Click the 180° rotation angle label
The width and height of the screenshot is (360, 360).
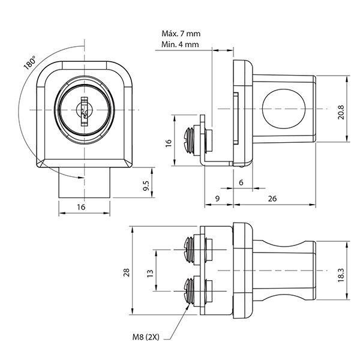tap(30, 62)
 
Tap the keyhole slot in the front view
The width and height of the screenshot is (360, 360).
tap(84, 112)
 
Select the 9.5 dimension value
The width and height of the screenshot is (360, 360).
tap(146, 186)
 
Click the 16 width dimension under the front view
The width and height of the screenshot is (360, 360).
tap(81, 207)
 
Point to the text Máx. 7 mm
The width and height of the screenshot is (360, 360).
tap(181, 34)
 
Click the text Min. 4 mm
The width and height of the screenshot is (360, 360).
tap(180, 44)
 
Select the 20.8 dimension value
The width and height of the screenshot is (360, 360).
tap(341, 112)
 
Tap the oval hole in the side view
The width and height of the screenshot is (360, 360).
tap(284, 109)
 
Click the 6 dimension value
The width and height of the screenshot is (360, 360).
tap(241, 182)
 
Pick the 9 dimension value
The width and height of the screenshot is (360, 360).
tap(217, 199)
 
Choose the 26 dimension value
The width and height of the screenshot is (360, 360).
tap(272, 199)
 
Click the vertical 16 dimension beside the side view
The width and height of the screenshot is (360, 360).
tap(169, 143)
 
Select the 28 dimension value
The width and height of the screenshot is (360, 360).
tap(127, 272)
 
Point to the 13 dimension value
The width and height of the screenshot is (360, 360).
tap(150, 274)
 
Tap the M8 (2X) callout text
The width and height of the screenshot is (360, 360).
tap(146, 337)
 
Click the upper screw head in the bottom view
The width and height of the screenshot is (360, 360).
tap(189, 250)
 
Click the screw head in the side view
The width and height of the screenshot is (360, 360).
tap(190, 140)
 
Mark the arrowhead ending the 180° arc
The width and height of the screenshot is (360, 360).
tap(80, 177)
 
